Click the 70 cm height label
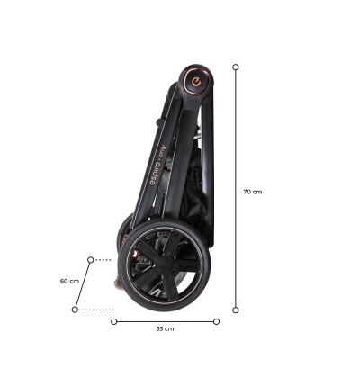click(253, 192)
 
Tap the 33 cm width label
click(165, 328)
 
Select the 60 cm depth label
click(69, 281)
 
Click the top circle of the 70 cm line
click(236, 67)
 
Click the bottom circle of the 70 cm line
click(236, 310)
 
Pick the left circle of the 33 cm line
click(114, 321)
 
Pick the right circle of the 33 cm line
click(216, 321)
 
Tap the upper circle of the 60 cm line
click(91, 260)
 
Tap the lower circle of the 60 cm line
click(75, 310)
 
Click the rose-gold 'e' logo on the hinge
click(196, 81)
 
